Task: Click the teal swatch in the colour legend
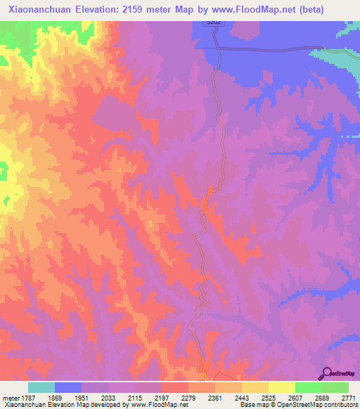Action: tap(41, 387)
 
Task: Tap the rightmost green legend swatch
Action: tap(335, 387)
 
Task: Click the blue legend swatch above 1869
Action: tap(68, 387)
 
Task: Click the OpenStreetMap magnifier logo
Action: tap(326, 372)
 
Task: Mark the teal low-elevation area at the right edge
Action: tap(345, 66)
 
